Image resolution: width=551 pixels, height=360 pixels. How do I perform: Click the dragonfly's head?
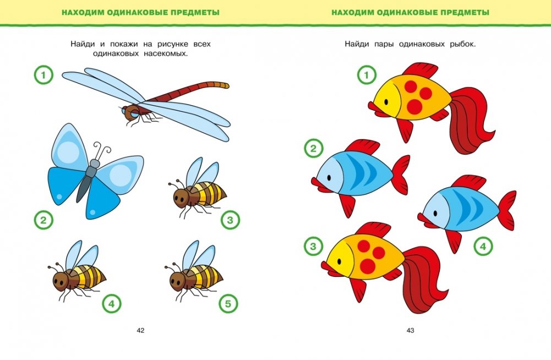(130, 112)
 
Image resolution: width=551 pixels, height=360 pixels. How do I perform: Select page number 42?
(140, 330)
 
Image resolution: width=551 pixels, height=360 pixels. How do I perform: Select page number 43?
(411, 330)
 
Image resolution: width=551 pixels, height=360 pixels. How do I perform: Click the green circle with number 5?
(228, 303)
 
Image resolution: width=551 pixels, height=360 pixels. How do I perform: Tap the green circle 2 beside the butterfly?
(43, 220)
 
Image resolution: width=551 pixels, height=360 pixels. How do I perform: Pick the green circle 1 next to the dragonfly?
(43, 75)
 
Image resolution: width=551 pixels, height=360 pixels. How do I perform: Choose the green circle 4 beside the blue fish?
(483, 246)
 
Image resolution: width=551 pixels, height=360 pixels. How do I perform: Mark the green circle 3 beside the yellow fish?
(313, 246)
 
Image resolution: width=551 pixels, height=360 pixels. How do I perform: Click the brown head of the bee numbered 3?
(182, 198)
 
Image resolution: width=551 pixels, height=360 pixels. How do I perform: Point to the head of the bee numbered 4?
(62, 280)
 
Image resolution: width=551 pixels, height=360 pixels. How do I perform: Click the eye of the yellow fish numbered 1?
(386, 102)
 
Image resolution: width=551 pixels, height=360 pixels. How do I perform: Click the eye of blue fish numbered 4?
(435, 213)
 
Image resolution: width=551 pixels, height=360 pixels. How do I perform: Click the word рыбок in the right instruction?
(462, 44)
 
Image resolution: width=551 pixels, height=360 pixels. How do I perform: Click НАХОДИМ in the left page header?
(83, 13)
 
